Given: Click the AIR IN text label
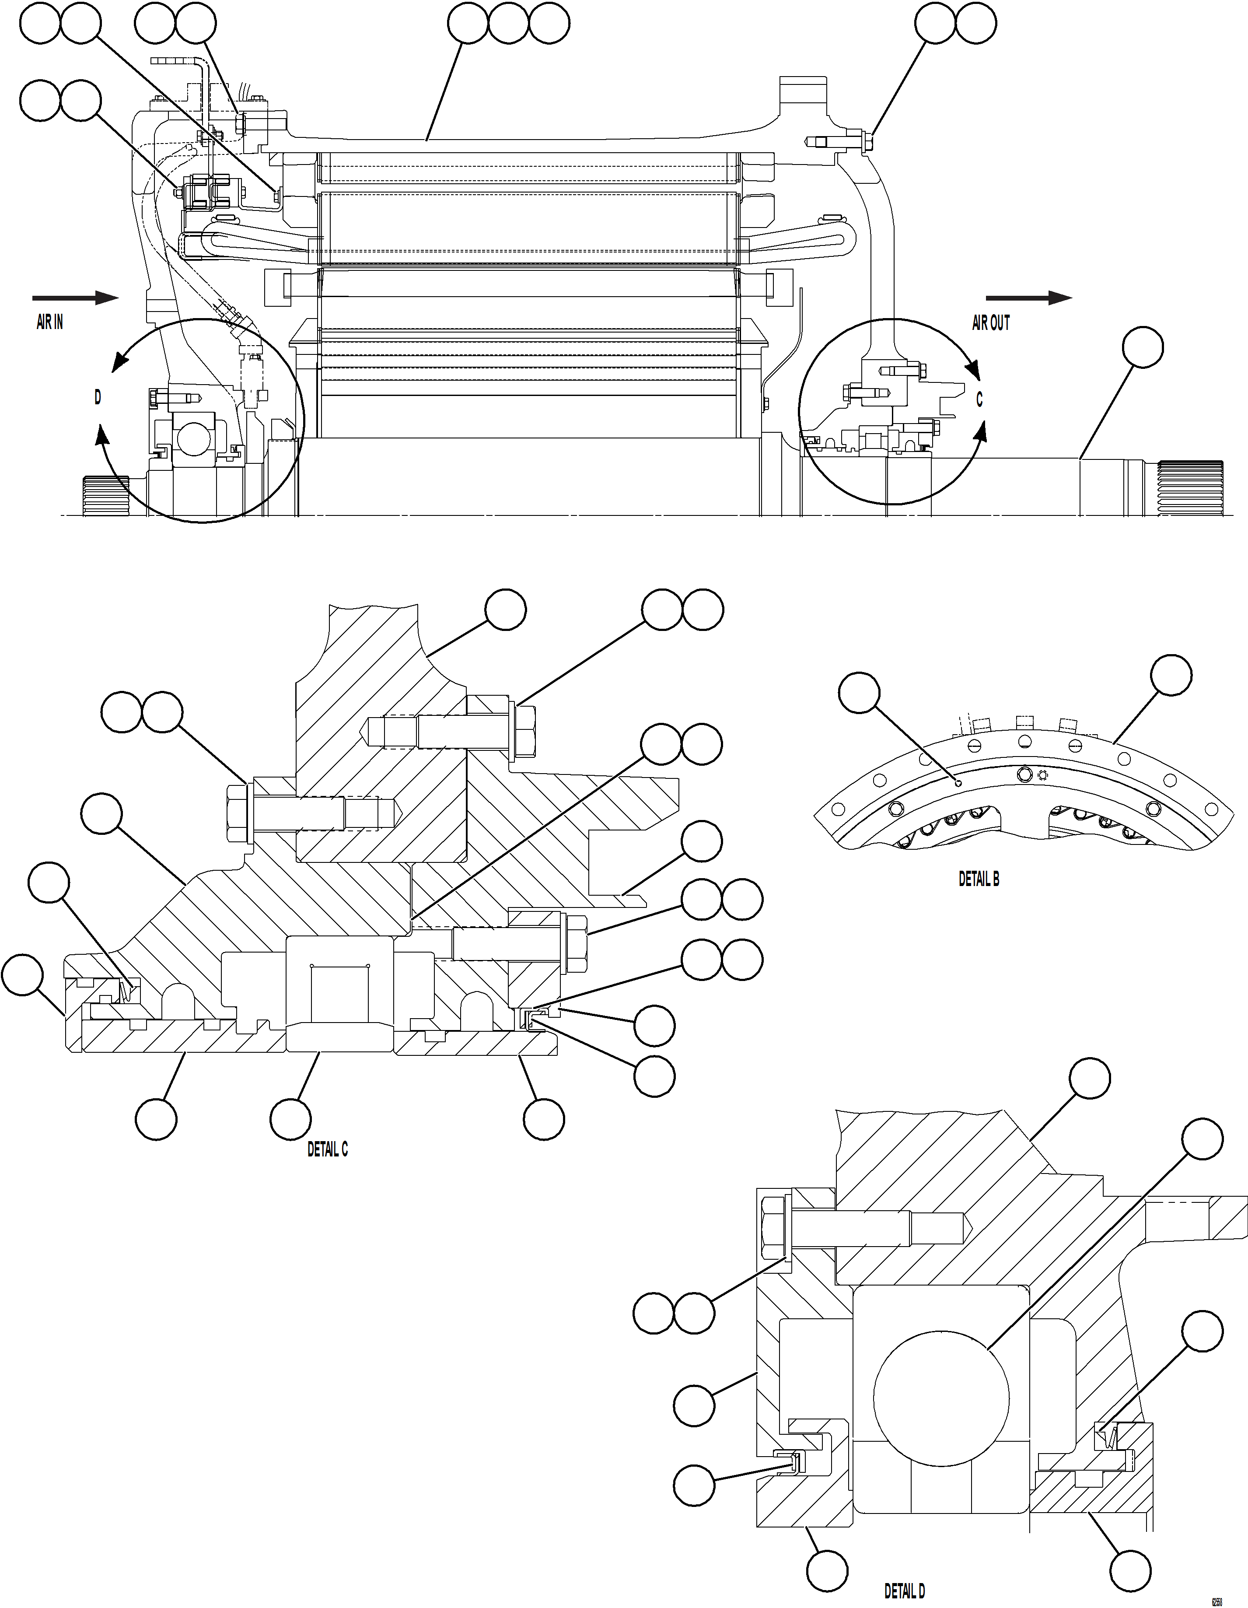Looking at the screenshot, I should tap(49, 322).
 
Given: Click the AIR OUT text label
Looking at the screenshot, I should tap(990, 322).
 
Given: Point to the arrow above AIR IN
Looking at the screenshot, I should tap(75, 298).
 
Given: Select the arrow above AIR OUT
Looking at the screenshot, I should tap(1028, 298).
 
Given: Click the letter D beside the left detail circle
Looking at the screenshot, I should tap(97, 398).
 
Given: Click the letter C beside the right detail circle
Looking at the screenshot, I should tap(979, 400).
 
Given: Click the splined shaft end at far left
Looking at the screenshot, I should tap(105, 495).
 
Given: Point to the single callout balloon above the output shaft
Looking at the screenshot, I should tap(1143, 347).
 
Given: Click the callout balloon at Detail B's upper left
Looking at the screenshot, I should tap(859, 692).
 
